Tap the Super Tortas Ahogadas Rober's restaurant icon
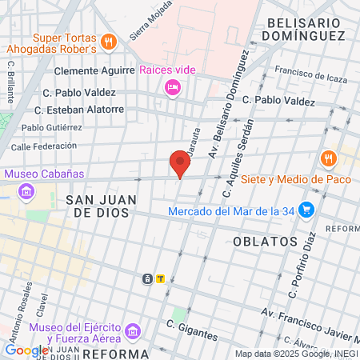[x=109, y=41]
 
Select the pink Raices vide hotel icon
[x=172, y=87]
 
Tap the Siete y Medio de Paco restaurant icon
[x=326, y=158]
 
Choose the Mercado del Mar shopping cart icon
[x=306, y=211]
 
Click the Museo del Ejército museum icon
[x=133, y=331]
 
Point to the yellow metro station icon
[x=161, y=279]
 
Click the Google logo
[x=26, y=350]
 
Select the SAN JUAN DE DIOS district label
[x=101, y=206]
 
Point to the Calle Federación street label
[x=43, y=146]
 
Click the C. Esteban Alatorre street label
[x=79, y=110]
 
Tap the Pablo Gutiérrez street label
[x=52, y=127]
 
